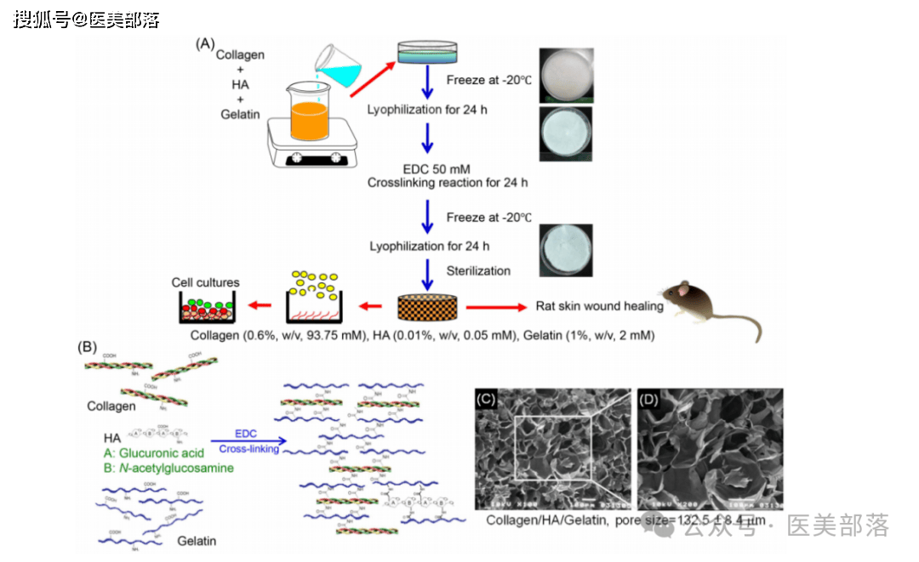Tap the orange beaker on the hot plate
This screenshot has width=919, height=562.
tap(310, 116)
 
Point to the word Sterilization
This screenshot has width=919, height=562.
tap(478, 271)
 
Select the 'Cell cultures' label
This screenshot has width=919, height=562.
tap(205, 282)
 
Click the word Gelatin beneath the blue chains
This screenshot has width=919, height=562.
tap(197, 541)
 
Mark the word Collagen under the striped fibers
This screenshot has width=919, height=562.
tap(111, 406)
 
